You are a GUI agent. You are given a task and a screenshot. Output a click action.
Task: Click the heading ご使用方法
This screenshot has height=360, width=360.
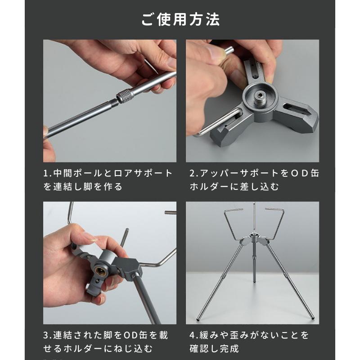click(x=180, y=20)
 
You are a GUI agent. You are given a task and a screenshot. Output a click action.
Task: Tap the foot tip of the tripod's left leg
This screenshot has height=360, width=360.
click(x=198, y=320)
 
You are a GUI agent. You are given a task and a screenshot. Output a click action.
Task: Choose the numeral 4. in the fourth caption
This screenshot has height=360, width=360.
click(x=192, y=335)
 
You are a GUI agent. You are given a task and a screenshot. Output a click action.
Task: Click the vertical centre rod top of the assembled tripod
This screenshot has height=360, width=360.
click(x=253, y=205)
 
